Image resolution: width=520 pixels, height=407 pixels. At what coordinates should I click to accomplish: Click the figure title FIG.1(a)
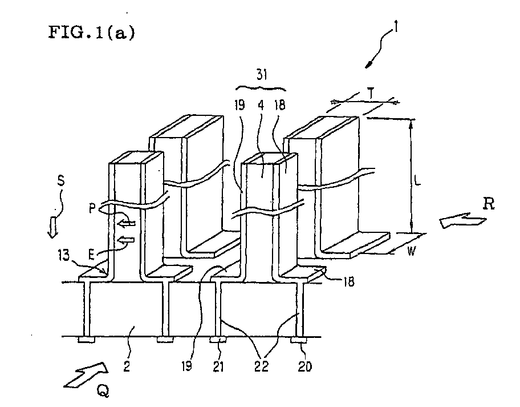click(x=92, y=33)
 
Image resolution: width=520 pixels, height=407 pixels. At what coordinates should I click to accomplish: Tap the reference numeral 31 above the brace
click(x=262, y=75)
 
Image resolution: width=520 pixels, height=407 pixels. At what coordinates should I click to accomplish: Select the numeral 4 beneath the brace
click(x=261, y=105)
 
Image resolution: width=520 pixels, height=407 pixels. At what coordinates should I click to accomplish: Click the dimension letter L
click(x=417, y=180)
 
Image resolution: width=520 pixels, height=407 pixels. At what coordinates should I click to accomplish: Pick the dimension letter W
click(x=411, y=251)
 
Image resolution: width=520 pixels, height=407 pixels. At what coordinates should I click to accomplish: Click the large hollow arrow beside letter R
click(x=462, y=221)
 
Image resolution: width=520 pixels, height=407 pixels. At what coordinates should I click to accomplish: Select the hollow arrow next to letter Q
click(x=86, y=374)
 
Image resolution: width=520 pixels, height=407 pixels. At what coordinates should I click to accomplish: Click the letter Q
click(x=103, y=392)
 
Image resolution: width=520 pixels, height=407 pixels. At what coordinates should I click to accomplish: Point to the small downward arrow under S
click(x=52, y=227)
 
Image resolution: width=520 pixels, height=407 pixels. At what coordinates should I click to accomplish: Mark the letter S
click(x=60, y=180)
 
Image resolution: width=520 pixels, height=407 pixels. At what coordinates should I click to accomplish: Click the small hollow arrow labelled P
click(x=127, y=223)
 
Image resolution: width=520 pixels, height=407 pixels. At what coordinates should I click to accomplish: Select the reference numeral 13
click(x=64, y=255)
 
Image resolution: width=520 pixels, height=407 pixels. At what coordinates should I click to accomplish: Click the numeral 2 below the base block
click(x=127, y=366)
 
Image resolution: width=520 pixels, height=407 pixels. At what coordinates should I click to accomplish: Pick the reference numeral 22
click(x=261, y=366)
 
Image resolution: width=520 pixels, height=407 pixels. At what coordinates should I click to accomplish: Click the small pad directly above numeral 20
click(x=299, y=340)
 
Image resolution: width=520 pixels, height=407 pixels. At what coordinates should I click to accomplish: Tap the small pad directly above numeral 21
click(x=218, y=340)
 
